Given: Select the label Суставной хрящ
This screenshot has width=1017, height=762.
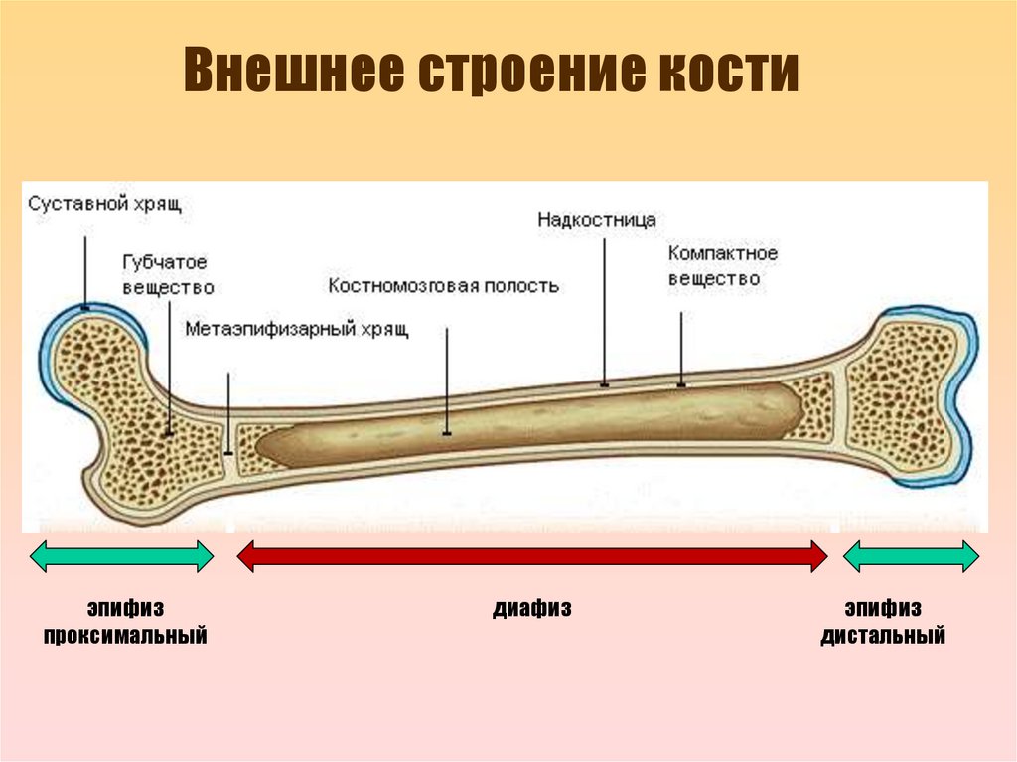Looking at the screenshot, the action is [x=104, y=205].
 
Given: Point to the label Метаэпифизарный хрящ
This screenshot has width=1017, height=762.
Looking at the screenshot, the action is [x=297, y=328].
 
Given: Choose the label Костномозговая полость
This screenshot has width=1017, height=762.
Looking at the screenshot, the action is [x=443, y=286].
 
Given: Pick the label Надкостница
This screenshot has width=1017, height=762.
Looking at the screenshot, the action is [x=597, y=219].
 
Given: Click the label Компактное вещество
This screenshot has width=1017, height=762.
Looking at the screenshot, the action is [x=722, y=266].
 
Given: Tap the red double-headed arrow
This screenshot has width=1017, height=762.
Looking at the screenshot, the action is [x=531, y=556].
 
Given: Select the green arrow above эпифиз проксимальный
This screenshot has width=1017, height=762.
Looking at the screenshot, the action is [x=121, y=556].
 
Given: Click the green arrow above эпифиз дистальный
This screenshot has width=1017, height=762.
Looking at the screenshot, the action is [x=911, y=556].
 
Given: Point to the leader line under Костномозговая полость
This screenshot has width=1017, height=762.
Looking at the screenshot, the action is [x=446, y=382].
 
